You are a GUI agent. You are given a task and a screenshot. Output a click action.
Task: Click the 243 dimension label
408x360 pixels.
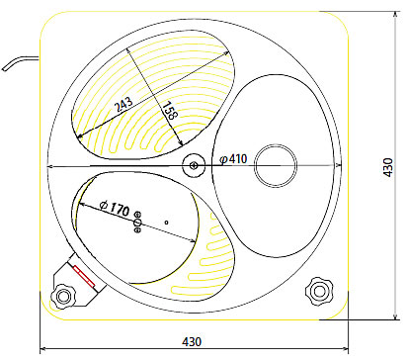(x=123, y=105)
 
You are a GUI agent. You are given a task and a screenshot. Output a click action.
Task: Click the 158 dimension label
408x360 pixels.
(x=170, y=110)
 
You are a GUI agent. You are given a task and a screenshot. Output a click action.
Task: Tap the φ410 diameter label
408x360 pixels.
(x=233, y=159)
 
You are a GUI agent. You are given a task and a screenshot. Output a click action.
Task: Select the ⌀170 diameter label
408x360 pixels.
(x=115, y=208)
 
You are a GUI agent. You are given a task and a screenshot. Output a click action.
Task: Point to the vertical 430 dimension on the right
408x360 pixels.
(x=388, y=167)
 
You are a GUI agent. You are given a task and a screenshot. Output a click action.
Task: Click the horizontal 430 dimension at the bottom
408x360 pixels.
(x=192, y=341)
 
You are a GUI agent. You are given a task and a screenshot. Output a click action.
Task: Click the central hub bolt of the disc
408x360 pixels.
(x=194, y=165)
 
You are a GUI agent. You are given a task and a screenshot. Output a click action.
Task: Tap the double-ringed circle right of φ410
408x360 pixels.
(x=276, y=165)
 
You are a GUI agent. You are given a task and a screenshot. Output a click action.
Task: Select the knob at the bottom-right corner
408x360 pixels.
(x=319, y=291)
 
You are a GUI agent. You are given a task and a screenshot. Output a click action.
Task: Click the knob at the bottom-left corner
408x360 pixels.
(x=62, y=296)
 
